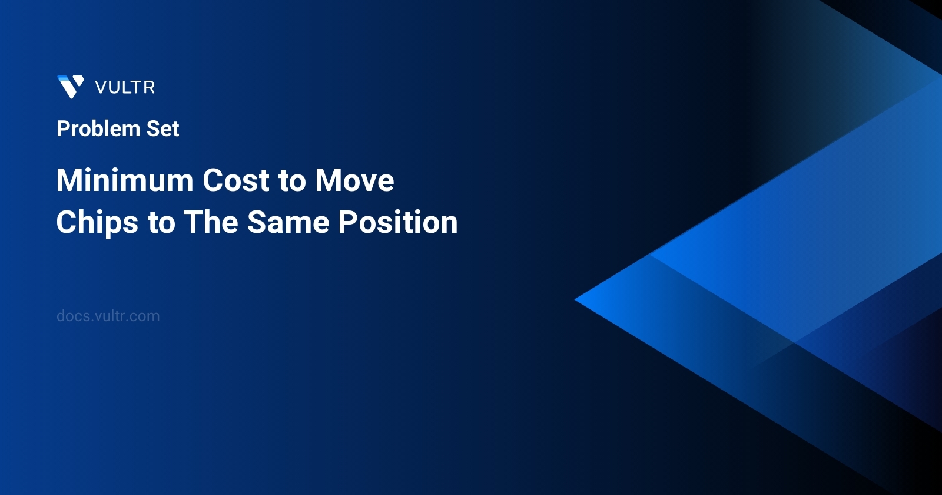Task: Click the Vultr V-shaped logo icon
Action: [x=71, y=87]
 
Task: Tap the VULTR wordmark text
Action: [x=125, y=88]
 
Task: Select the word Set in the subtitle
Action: [x=162, y=129]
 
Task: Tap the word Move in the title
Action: [x=354, y=180]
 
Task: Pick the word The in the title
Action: [x=211, y=223]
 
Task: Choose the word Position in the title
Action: [x=398, y=223]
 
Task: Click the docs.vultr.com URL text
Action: [x=108, y=316]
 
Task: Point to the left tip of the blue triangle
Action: [x=577, y=299]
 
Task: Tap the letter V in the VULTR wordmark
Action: [x=101, y=88]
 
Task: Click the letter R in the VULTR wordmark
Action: [x=150, y=88]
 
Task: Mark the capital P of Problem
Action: [x=62, y=129]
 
